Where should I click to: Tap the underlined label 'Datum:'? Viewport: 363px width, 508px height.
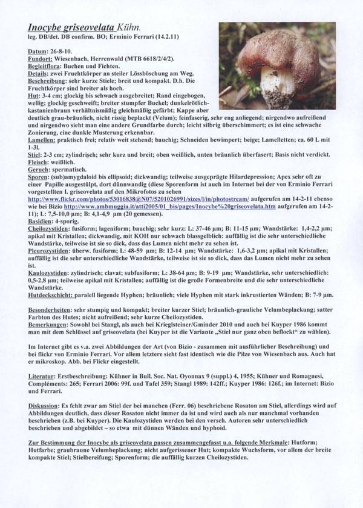click(x=39, y=53)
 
